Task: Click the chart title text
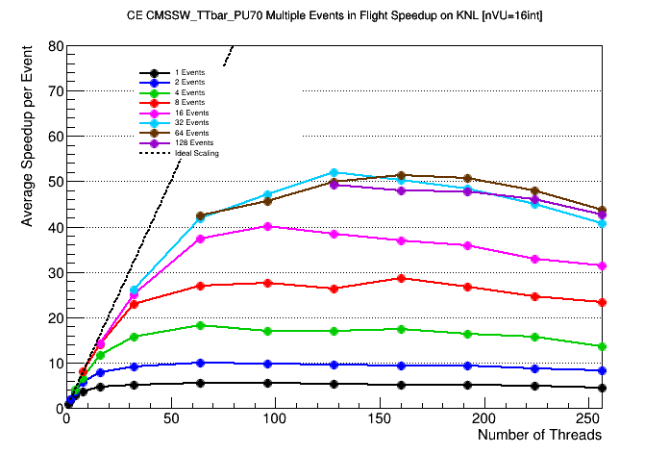pos(334,16)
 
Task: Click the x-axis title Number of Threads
pos(539,435)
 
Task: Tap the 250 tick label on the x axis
pos(588,420)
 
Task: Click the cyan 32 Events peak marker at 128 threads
pos(334,173)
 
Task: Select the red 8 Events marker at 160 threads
pos(401,278)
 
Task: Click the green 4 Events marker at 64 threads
pos(200,325)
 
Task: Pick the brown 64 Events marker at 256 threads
pos(602,210)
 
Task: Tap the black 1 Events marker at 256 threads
pos(602,389)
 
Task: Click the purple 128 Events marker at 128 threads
pos(334,185)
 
